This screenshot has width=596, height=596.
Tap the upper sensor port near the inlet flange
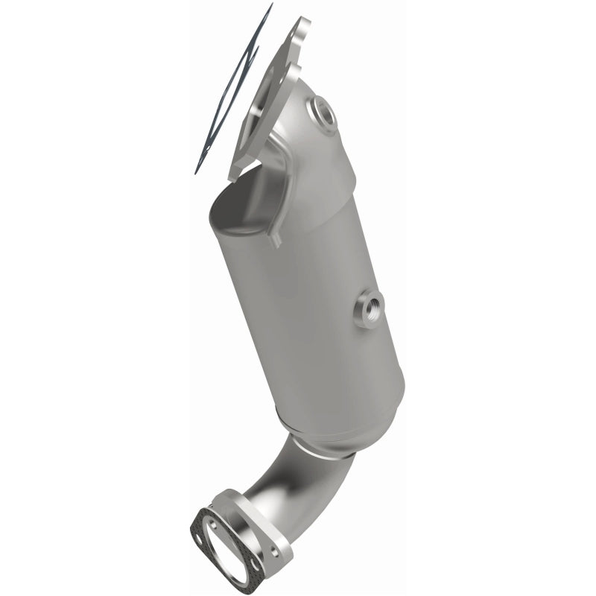[x=323, y=113]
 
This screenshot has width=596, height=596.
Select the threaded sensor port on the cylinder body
[x=370, y=307]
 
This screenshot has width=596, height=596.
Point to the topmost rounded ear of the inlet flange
[x=301, y=27]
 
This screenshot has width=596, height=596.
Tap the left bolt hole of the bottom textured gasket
[x=200, y=518]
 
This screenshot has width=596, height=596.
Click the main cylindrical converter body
[x=313, y=298]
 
